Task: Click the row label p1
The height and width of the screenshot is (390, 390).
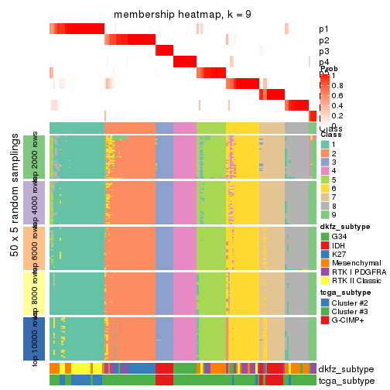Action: tap(323, 29)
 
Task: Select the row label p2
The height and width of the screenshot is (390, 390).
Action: tap(323, 40)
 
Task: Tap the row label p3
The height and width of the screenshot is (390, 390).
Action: tap(323, 51)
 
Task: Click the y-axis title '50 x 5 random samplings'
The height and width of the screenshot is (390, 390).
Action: tap(16, 248)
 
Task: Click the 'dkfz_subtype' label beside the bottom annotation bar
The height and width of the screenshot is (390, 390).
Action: tap(341, 369)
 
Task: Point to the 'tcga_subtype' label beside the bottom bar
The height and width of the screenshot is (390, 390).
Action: tap(341, 381)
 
